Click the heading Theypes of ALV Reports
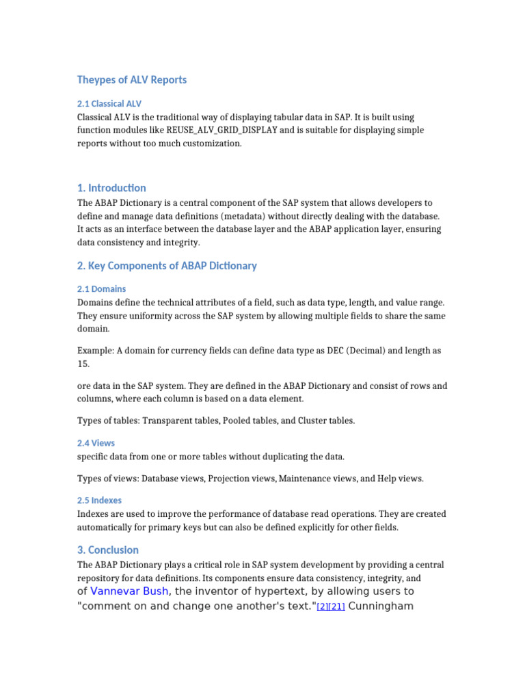click(x=132, y=80)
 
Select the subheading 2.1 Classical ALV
click(x=109, y=104)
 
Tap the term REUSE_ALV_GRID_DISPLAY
click(x=222, y=131)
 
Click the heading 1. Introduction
click(x=111, y=188)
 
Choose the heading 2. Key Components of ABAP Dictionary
click(x=167, y=266)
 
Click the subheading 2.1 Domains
click(x=101, y=289)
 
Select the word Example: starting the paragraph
click(x=96, y=351)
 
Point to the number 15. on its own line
click(x=84, y=364)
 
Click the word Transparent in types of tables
click(x=168, y=421)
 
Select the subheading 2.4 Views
click(x=96, y=443)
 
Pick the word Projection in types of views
click(x=232, y=479)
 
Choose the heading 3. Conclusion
click(x=108, y=550)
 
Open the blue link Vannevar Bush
click(x=129, y=591)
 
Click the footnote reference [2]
click(x=322, y=607)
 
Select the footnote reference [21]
click(x=336, y=607)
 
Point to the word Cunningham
click(x=381, y=606)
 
